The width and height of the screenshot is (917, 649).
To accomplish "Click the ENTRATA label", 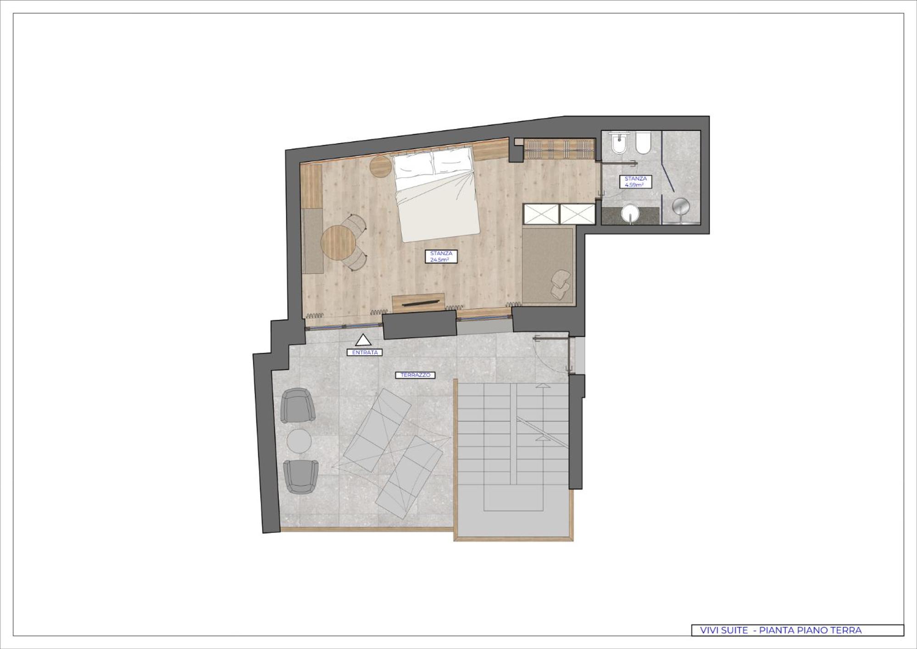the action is (x=365, y=352).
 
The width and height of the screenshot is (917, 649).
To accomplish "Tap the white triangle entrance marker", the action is (x=363, y=340).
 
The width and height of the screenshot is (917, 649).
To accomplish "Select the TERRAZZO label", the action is (x=415, y=375).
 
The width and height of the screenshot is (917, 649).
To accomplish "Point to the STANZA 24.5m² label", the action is (x=441, y=257).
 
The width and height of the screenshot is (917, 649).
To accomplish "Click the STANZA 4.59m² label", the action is (x=635, y=182).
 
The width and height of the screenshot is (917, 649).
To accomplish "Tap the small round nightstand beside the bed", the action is (x=381, y=166).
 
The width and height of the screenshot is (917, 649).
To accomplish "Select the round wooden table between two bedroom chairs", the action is (x=338, y=243).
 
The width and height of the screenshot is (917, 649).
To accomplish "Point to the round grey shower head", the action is (x=681, y=207).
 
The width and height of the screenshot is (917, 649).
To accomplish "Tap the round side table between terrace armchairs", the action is (x=299, y=441).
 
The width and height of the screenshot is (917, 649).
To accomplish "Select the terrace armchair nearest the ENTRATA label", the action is (x=298, y=406).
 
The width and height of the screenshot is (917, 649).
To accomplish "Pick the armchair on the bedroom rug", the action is (x=561, y=285).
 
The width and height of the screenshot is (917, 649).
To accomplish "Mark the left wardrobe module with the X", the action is (x=541, y=214).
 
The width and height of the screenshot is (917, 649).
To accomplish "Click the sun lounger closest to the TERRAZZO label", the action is (x=378, y=431).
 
